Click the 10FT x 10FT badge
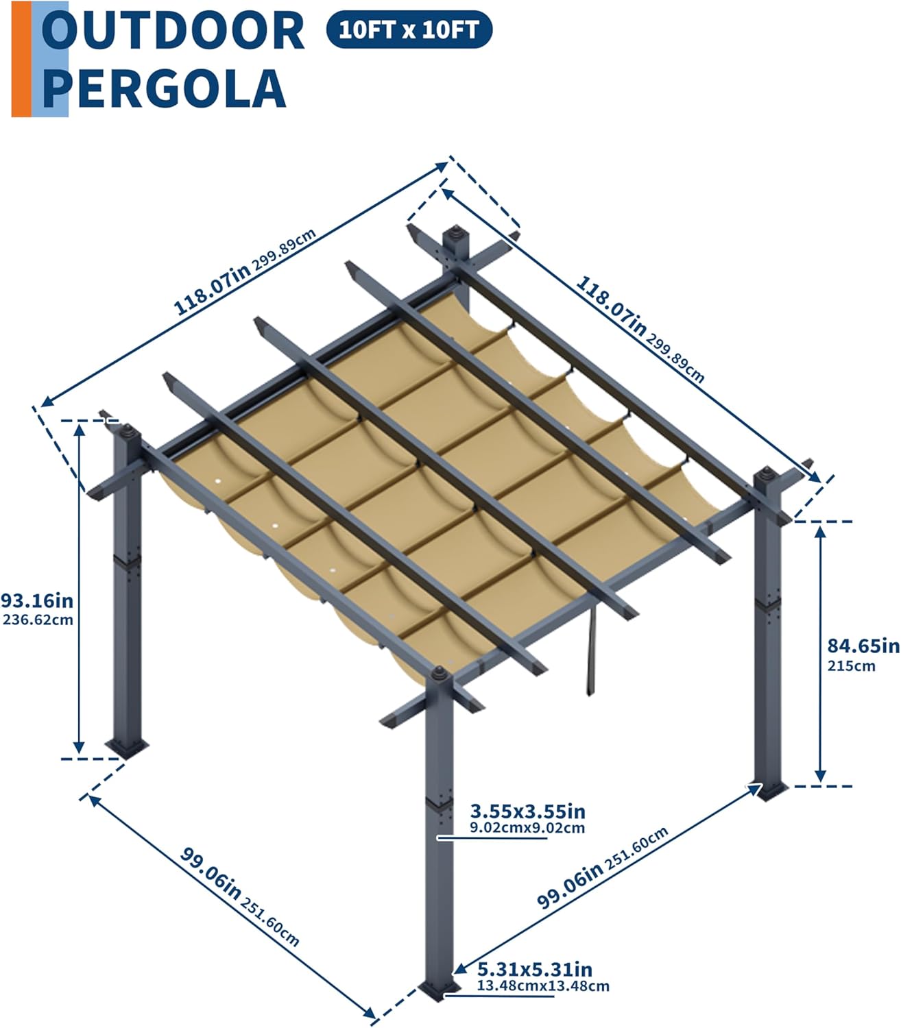409,29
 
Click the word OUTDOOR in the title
173,30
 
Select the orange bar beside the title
21,59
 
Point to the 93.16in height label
37,601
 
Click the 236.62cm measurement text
38,620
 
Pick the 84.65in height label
863,646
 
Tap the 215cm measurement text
851,665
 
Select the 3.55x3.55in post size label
528,811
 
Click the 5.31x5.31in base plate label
535,969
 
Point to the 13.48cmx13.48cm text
543,986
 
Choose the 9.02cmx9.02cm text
527,828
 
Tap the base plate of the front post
440,990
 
